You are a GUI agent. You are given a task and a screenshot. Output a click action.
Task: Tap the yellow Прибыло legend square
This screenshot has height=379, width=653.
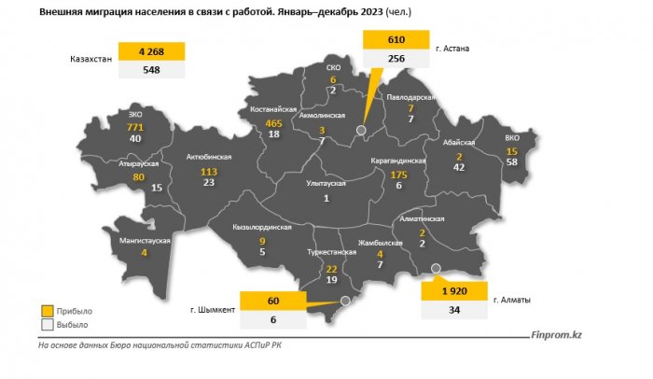click(x=48, y=310)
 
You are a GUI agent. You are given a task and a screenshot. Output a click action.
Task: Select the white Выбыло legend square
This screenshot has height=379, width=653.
click(x=48, y=325)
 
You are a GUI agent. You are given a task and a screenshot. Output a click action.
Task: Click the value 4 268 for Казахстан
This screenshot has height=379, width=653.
click(x=151, y=51)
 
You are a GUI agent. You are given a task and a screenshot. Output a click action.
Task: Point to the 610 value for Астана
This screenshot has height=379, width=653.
click(x=395, y=40)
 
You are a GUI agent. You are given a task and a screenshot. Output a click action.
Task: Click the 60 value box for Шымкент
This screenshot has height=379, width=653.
click(x=273, y=301)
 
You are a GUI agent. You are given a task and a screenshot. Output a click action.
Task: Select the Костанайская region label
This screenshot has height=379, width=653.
click(x=274, y=109)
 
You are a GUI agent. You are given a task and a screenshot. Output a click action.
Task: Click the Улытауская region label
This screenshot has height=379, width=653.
click(x=326, y=184)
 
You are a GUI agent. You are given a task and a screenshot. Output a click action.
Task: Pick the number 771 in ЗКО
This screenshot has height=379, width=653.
click(x=136, y=125)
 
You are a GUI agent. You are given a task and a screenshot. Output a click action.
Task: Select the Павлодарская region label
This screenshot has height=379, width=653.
click(x=411, y=96)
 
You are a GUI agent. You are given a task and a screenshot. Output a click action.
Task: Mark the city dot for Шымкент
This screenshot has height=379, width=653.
click(x=345, y=302)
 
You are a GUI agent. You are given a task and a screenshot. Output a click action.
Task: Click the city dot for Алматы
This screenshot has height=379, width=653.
click(x=435, y=271)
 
